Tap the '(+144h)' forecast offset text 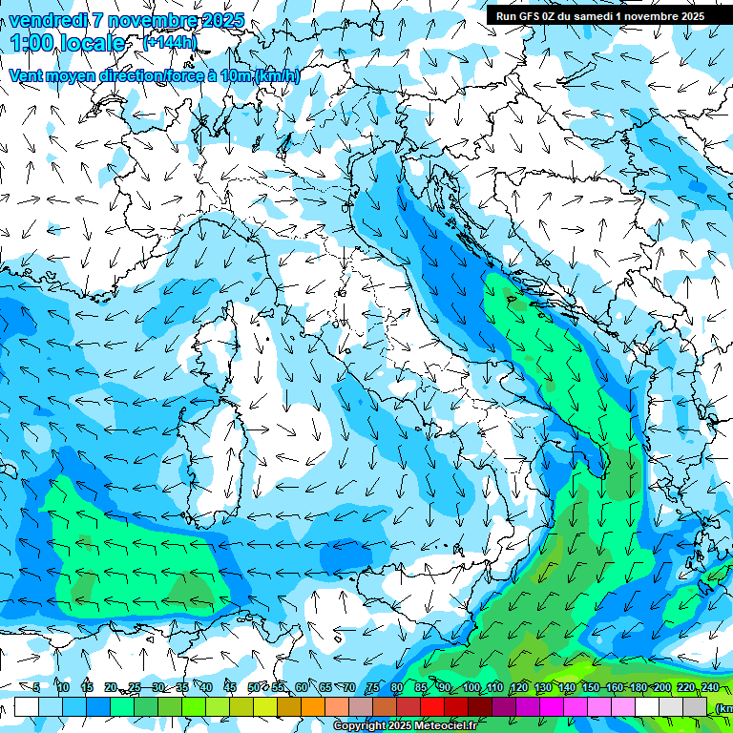170,42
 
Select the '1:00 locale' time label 68,43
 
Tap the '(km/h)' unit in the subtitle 277,76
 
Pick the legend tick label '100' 471,687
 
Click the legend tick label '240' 710,687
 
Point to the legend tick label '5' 36,687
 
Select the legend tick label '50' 254,687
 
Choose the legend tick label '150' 591,687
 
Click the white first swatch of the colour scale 27,707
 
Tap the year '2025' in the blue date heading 223,20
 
